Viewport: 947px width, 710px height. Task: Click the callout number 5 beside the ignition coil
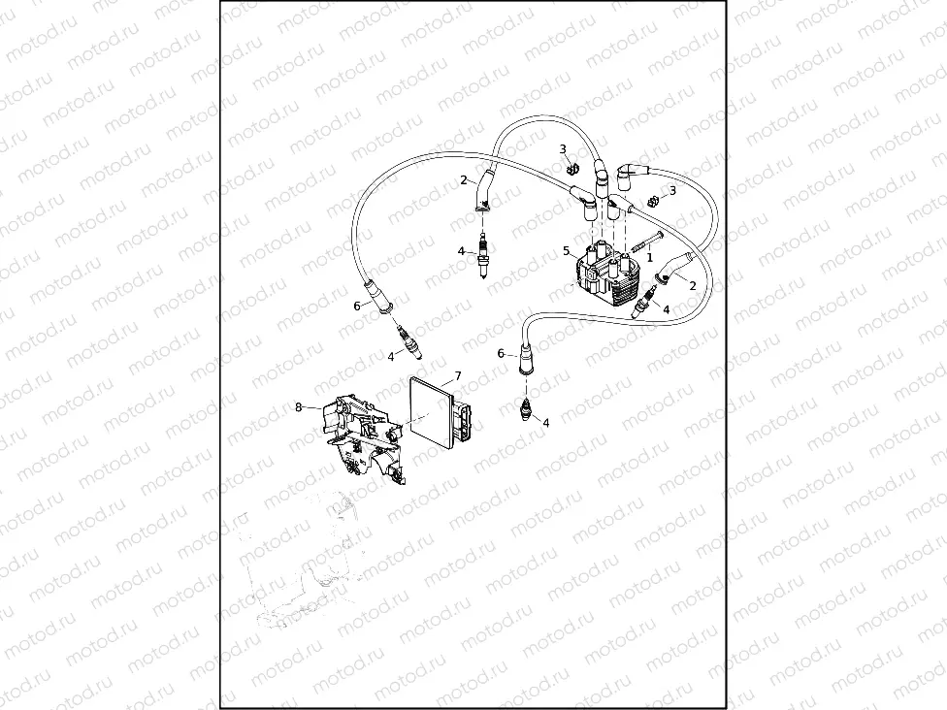coord(567,251)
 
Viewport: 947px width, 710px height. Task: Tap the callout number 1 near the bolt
coord(650,257)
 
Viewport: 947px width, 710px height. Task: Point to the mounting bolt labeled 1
coord(647,238)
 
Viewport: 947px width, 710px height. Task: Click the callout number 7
coord(458,375)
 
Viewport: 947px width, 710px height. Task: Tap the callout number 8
coord(299,407)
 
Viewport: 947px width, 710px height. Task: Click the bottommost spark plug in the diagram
coord(527,410)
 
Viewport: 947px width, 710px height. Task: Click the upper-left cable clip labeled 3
coord(572,169)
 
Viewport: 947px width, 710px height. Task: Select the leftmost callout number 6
coord(357,306)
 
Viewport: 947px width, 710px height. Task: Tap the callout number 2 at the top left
coord(465,179)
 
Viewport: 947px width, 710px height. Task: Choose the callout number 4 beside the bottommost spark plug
coord(545,423)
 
